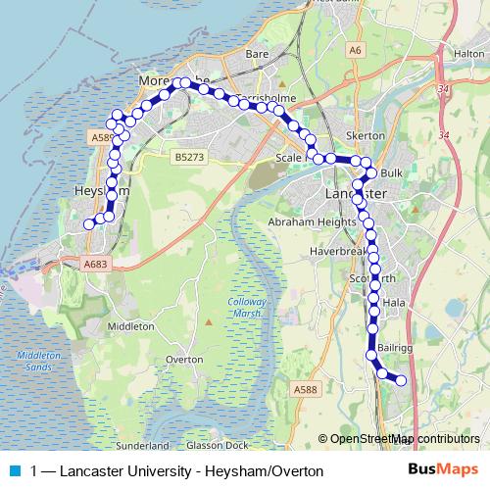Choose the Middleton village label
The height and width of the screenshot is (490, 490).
[130, 325]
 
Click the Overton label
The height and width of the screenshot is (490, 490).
[184, 360]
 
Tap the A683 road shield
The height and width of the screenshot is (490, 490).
[95, 264]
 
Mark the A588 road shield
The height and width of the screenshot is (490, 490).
[307, 390]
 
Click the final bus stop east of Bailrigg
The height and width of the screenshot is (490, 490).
[400, 380]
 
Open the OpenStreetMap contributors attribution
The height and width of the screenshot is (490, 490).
[404, 438]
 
